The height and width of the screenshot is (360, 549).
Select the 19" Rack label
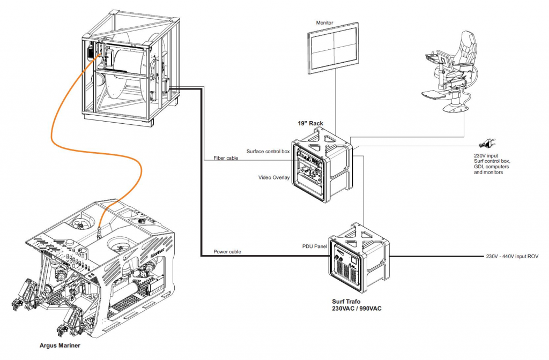pyautogui.click(x=310, y=124)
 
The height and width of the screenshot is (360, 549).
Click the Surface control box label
pyautogui.click(x=268, y=152)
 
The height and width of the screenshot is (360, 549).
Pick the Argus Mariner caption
pyautogui.click(x=60, y=346)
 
